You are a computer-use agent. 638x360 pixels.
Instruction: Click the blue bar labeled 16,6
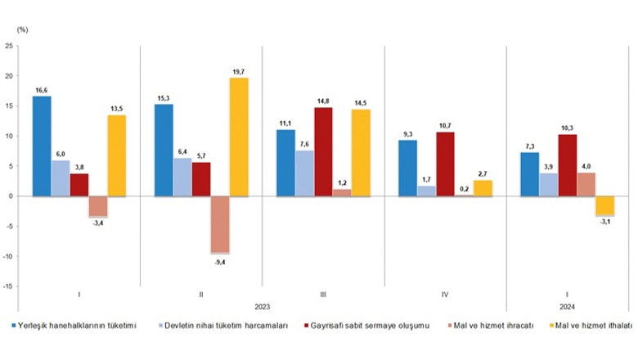tap(42, 146)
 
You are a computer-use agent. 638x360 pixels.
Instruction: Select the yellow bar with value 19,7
tap(239, 137)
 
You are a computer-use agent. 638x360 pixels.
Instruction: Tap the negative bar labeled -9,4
tap(220, 224)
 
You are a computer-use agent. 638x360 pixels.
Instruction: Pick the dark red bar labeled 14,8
tap(323, 152)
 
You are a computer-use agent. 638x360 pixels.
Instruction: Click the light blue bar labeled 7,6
tap(304, 173)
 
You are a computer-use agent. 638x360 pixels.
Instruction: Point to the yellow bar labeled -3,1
tap(605, 206)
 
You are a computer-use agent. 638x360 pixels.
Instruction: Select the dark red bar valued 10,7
tap(445, 164)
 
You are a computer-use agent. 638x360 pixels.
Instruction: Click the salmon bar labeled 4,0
tap(586, 185)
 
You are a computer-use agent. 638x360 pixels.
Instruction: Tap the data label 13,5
tap(116, 109)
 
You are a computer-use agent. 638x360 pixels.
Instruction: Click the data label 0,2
tap(465, 189)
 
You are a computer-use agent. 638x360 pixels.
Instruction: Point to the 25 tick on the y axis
tap(9, 46)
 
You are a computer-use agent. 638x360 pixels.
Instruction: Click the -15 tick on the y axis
tap(7, 286)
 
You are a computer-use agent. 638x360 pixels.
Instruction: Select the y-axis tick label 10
tap(9, 137)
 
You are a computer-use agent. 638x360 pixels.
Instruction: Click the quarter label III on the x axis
tap(323, 295)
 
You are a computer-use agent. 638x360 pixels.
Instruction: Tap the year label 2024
tap(567, 307)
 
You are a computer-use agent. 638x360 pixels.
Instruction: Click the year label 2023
tap(263, 307)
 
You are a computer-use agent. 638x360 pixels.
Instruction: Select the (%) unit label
tap(22, 29)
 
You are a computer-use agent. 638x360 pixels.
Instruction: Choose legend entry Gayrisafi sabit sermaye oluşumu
tap(367, 326)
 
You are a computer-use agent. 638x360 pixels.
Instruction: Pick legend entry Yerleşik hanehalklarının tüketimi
tap(74, 326)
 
